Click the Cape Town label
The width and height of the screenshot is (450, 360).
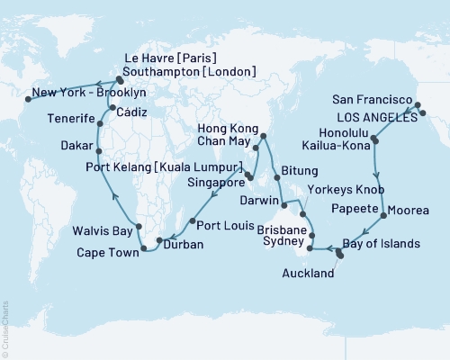[106, 254]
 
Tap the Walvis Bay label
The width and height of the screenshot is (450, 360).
[102, 232]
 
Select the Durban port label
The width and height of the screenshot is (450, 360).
[183, 243]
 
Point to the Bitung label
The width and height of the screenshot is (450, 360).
[298, 170]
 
